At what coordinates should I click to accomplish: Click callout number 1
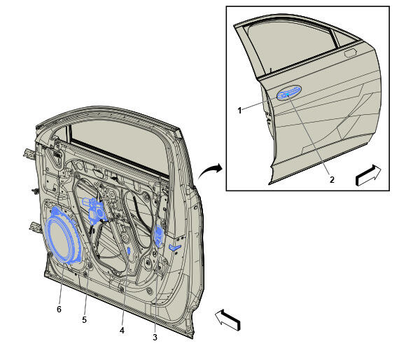(x=239, y=111)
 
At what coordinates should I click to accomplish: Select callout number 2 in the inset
(x=332, y=179)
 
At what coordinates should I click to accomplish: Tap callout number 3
(x=155, y=337)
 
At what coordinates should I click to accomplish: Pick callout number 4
(x=122, y=330)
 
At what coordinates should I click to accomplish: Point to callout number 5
(x=84, y=320)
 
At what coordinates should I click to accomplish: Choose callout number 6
(x=59, y=309)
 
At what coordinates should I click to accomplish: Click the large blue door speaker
(x=63, y=236)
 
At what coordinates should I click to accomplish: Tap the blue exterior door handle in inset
(x=289, y=92)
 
